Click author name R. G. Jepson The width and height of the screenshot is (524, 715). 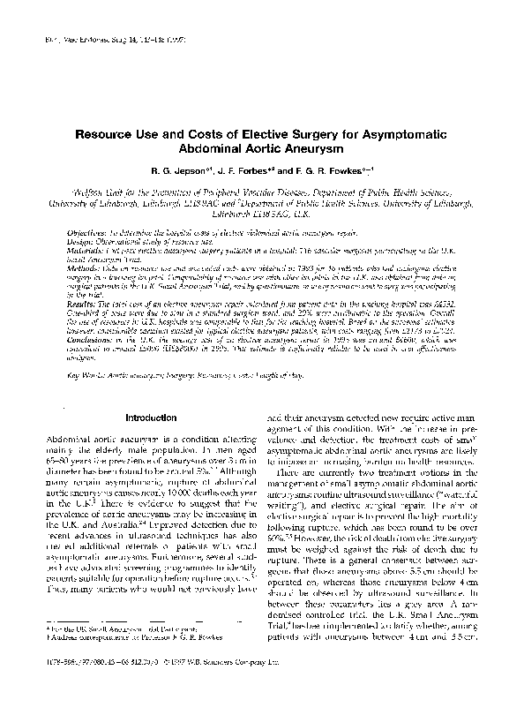(x=176, y=171)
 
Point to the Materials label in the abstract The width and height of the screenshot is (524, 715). (x=88, y=247)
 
